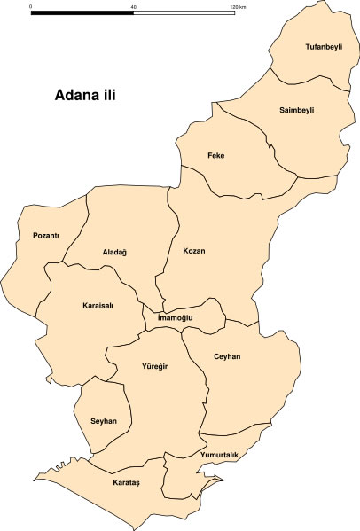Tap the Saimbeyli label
[x=297, y=109]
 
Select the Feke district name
[x=215, y=156]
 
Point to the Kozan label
[x=193, y=251]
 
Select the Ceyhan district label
[x=227, y=356]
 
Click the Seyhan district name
[x=104, y=420]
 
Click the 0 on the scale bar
[x=31, y=6]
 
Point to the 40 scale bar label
[x=134, y=6]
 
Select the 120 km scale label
[x=237, y=6]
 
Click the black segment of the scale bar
[x=82, y=13]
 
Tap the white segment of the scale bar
[x=184, y=13]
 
